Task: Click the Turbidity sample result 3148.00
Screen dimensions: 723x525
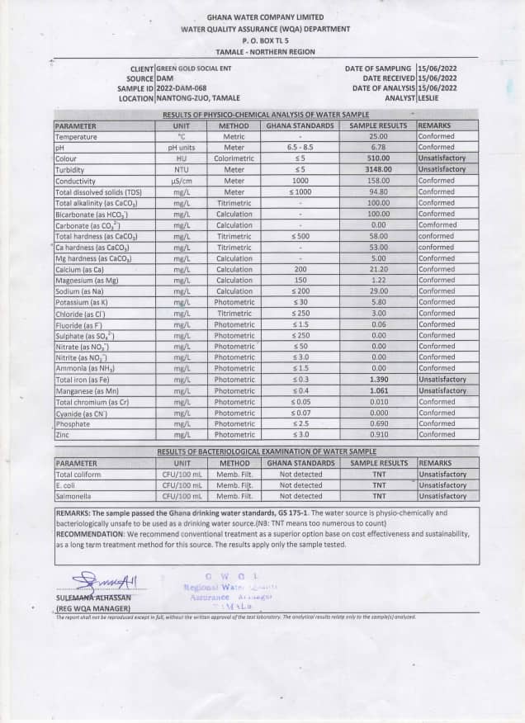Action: (x=378, y=169)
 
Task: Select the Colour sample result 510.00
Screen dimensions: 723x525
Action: (x=378, y=158)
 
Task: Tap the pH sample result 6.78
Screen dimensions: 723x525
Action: (x=378, y=147)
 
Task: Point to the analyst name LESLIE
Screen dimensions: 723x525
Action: (x=429, y=98)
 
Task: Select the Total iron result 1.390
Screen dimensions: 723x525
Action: (x=378, y=379)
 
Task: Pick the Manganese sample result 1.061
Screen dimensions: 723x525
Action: (x=378, y=390)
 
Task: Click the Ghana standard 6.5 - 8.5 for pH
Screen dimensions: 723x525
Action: (x=300, y=147)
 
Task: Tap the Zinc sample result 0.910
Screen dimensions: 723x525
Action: (x=378, y=434)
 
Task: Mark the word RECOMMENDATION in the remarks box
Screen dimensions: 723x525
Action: (x=89, y=535)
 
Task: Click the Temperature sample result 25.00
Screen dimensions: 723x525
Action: (x=378, y=136)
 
